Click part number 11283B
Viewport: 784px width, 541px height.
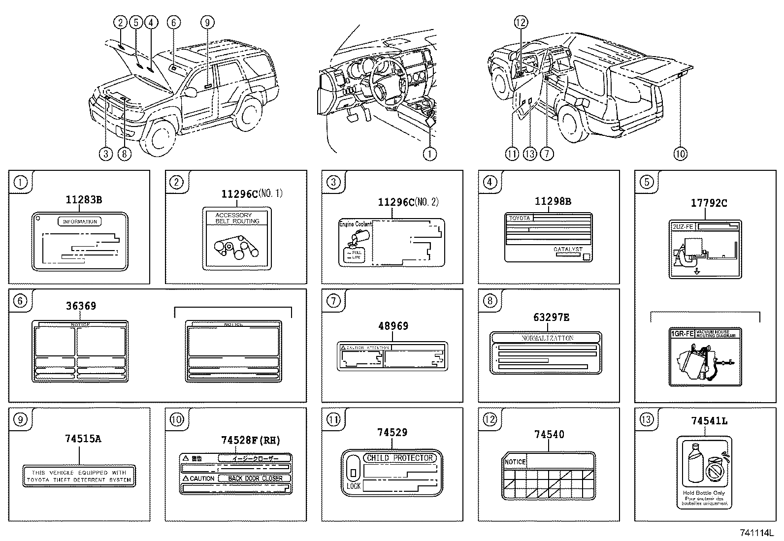coord(84,199)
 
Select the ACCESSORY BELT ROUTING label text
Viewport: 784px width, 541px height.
coord(237,218)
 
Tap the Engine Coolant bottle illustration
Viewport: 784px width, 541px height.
coord(355,245)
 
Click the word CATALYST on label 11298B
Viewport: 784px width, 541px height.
coord(568,250)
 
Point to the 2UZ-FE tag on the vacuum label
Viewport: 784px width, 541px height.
coord(682,226)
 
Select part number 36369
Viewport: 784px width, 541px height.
coord(81,306)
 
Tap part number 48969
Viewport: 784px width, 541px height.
coord(392,325)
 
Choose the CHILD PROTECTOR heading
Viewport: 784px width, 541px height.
coord(400,458)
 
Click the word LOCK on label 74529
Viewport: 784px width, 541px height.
coord(353,486)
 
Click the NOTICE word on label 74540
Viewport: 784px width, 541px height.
coord(515,462)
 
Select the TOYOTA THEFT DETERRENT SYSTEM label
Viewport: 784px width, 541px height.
coord(79,476)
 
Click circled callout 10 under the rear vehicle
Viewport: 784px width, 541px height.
coord(680,154)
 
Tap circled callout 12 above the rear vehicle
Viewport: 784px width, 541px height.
coord(521,22)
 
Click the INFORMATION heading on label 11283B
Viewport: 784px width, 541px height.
coord(80,222)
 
